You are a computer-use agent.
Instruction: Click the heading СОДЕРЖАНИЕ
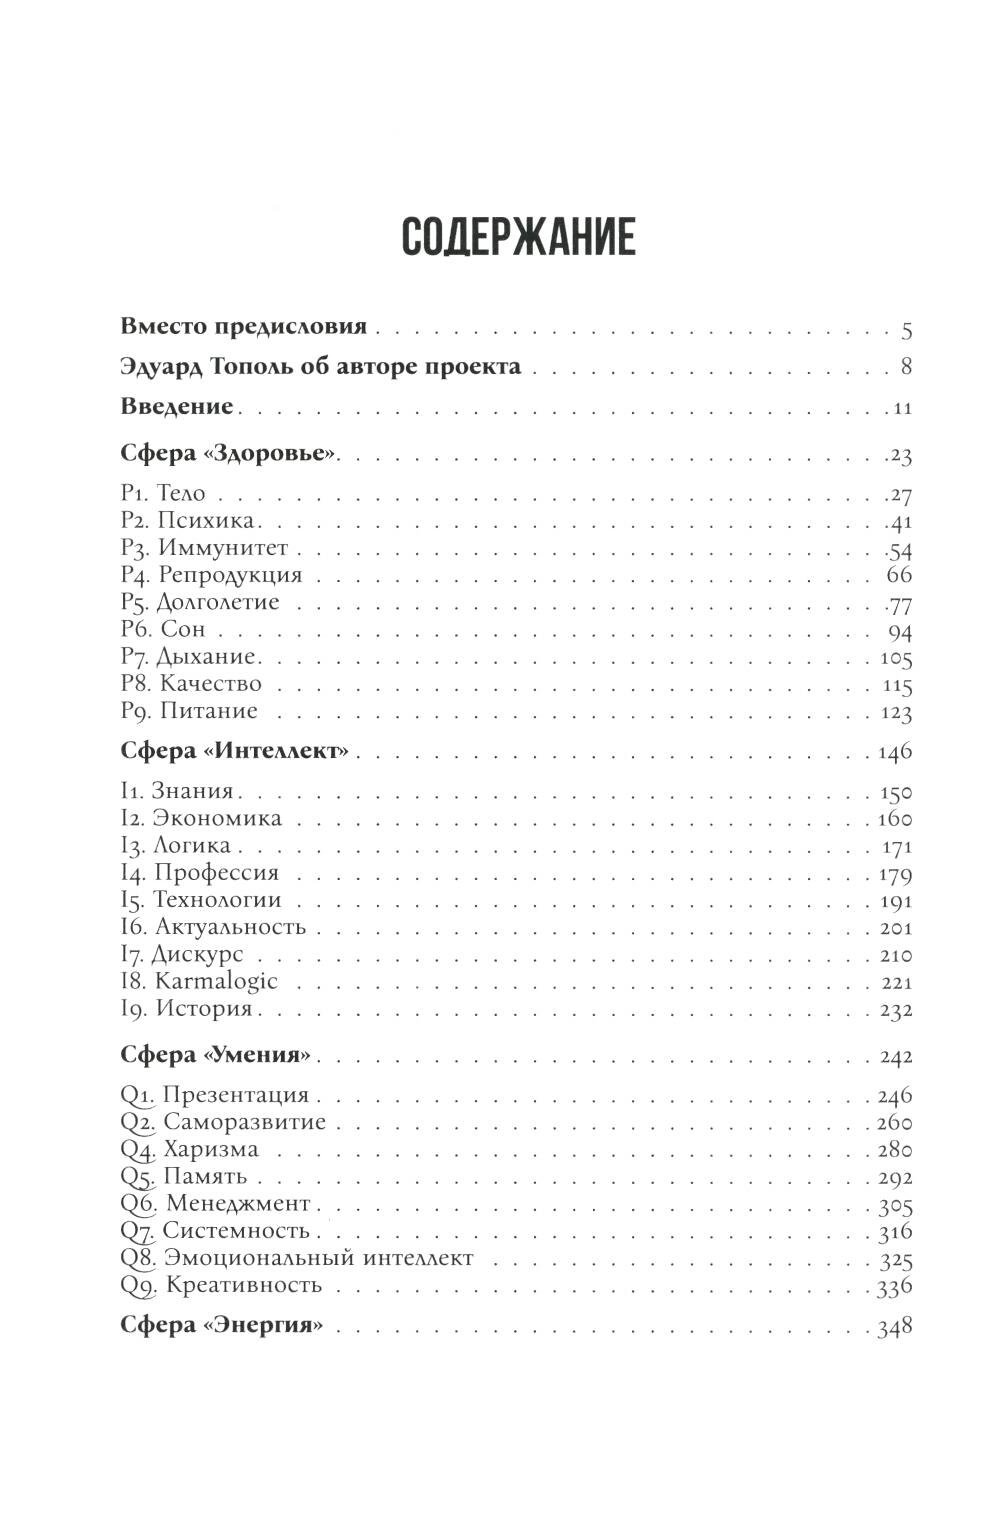[x=518, y=237]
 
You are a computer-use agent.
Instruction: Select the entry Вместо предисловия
[x=243, y=327]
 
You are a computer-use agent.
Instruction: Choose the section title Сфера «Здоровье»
[x=229, y=454]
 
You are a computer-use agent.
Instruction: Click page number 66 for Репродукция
[x=899, y=575]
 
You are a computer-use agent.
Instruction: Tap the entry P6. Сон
[x=162, y=630]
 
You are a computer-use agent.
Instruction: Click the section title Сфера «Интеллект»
[x=234, y=751]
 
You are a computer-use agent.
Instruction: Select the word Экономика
[x=219, y=819]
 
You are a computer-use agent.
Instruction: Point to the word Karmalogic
[x=216, y=981]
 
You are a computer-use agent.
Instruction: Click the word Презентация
[x=235, y=1095]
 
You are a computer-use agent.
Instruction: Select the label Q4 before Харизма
[x=135, y=1149]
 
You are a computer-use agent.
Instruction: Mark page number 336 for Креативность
[x=894, y=1287]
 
